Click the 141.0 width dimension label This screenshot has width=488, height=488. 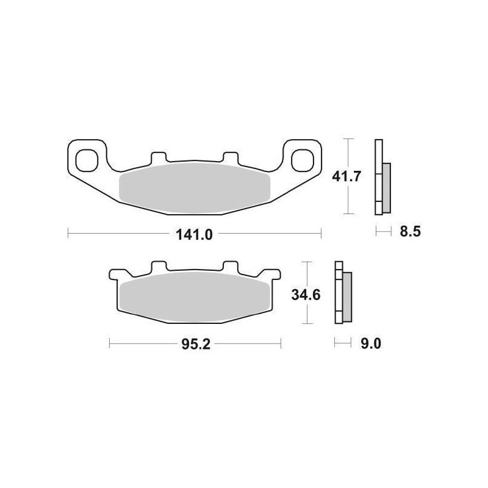194,234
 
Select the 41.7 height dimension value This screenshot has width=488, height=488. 346,176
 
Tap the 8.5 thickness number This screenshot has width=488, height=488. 410,232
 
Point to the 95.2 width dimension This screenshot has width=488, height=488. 196,344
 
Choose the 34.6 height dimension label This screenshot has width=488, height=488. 306,295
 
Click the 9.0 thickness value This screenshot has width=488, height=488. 371,344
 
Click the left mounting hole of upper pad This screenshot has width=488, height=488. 87,160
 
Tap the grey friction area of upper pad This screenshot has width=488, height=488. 195,188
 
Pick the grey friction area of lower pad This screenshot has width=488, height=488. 195,297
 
